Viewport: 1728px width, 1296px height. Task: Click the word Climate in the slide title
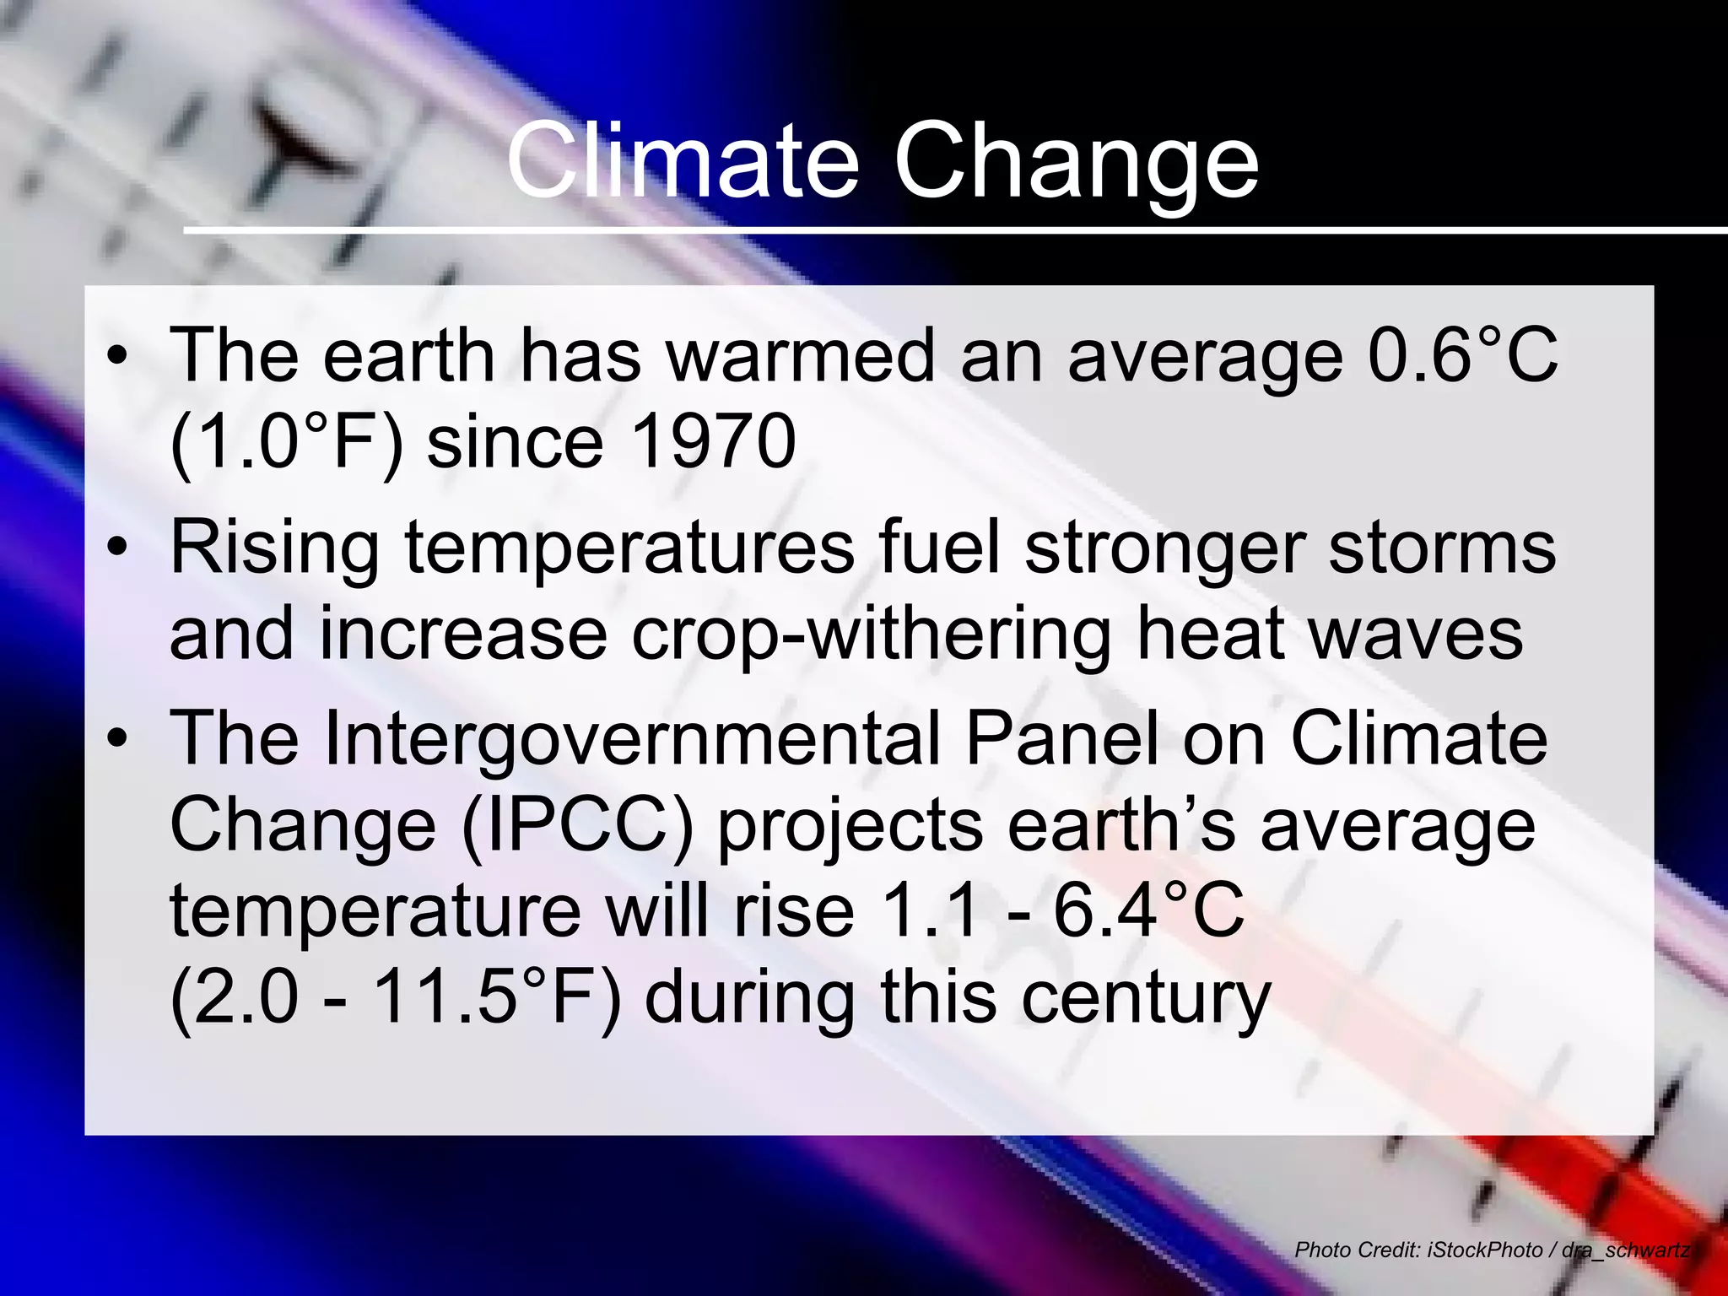coord(683,160)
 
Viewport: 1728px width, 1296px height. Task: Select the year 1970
coord(713,441)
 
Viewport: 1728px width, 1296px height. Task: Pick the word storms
coord(1442,548)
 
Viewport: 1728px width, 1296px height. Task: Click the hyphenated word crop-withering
coord(871,635)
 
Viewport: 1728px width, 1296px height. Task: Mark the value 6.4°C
coord(1148,910)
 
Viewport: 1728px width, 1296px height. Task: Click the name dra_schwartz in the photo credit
coord(1626,1250)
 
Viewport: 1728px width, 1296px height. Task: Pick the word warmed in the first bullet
coord(801,355)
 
